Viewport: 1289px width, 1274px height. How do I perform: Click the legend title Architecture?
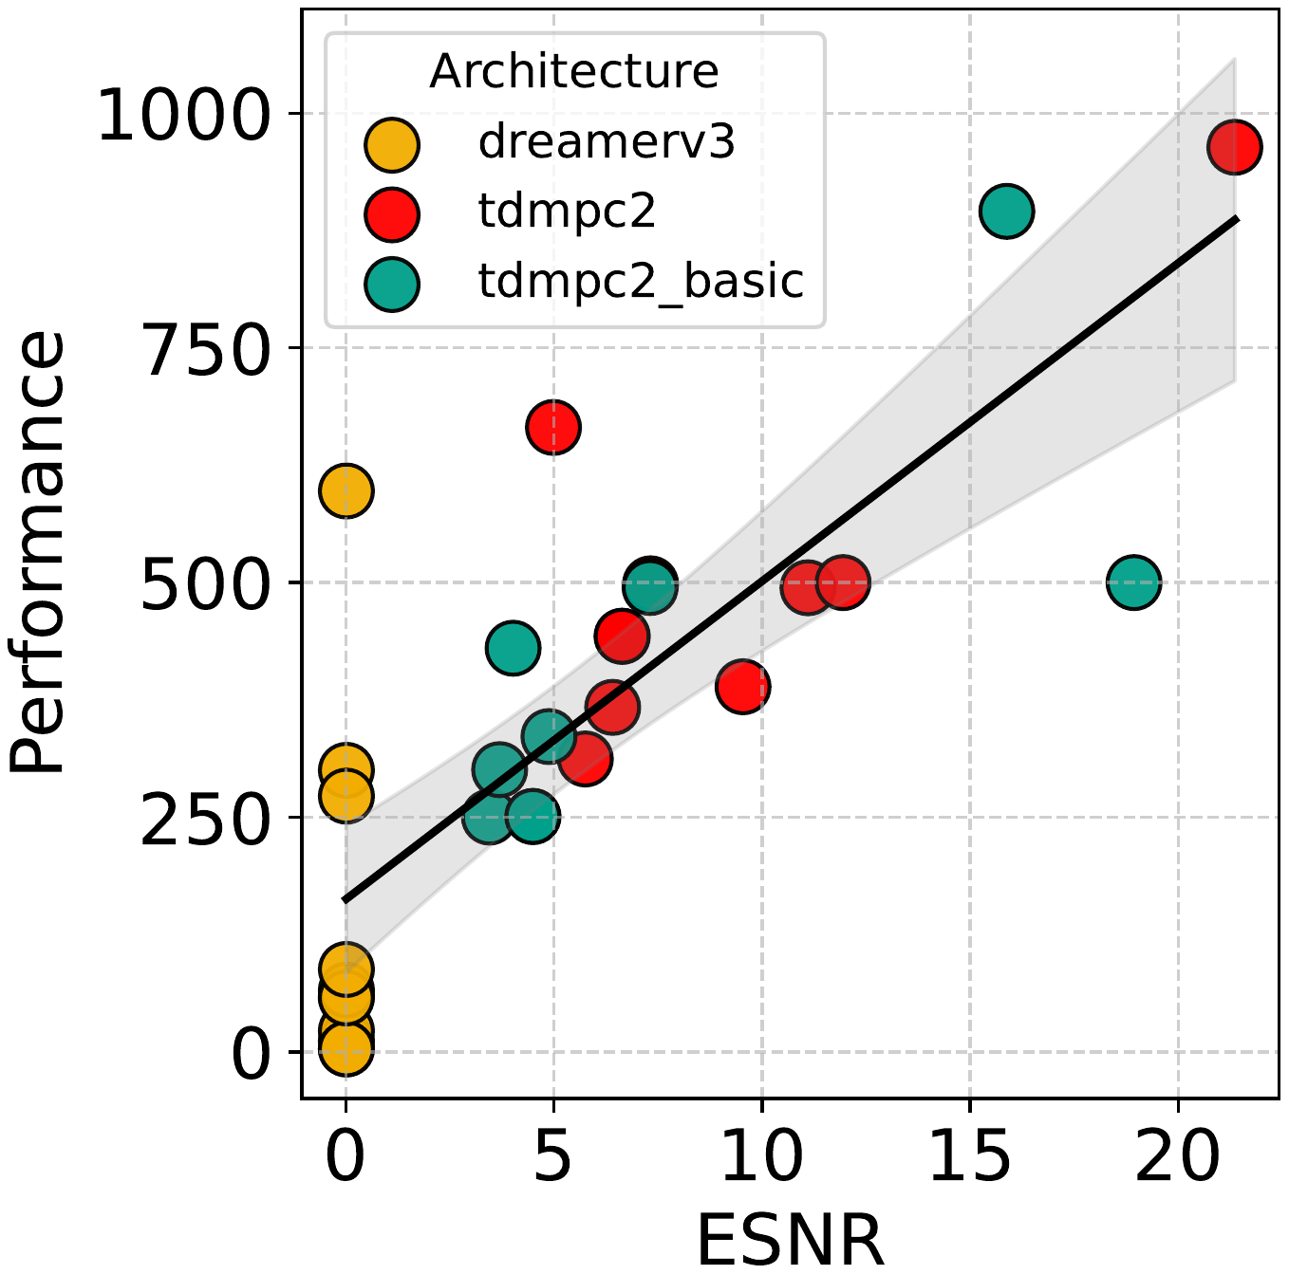(573, 71)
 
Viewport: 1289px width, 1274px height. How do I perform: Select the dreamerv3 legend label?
(607, 141)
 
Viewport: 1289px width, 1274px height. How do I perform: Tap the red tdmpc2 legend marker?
(392, 212)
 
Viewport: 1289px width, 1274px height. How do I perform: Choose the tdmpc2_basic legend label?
(641, 281)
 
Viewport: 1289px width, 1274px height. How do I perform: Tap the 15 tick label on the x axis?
(969, 1156)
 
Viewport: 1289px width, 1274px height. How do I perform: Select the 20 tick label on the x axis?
(1177, 1156)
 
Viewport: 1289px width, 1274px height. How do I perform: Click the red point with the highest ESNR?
(1234, 147)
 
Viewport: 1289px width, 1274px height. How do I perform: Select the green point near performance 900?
(1006, 211)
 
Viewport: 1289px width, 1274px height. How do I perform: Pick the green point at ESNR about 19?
(1133, 582)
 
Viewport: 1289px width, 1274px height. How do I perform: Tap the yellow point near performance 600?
(346, 490)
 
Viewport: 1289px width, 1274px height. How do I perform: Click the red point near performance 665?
(553, 428)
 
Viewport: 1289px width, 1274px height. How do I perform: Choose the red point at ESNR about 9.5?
(742, 686)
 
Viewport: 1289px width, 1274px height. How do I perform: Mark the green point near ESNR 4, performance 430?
(513, 648)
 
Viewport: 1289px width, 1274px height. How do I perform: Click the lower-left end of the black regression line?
(346, 899)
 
